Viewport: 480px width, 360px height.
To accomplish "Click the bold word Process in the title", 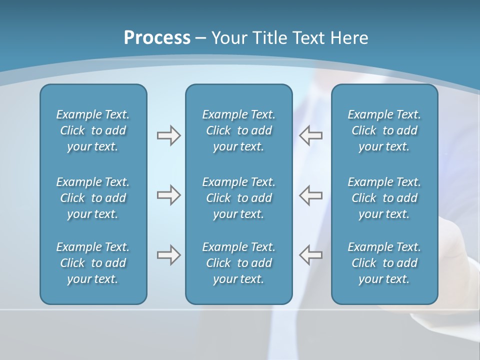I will coord(157,38).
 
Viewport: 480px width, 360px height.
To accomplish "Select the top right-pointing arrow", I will coord(168,135).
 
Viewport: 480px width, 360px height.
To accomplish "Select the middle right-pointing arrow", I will coord(168,195).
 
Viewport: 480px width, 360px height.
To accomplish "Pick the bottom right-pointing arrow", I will coord(168,255).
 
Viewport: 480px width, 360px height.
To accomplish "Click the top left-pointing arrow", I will coord(310,135).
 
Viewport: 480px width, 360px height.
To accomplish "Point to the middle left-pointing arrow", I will coord(310,195).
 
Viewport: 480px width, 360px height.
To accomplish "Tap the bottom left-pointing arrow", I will coord(310,255).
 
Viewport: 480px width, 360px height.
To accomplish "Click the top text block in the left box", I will coord(93,130).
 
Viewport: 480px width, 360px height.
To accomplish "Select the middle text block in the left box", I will coord(93,198).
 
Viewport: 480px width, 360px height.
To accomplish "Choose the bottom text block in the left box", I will coord(93,263).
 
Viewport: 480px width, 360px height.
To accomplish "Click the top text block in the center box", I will coord(238,130).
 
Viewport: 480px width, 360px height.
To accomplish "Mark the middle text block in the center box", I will coord(238,198).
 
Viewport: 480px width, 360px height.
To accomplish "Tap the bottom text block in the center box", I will coord(238,263).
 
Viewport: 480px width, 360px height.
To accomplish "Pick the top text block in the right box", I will coord(384,130).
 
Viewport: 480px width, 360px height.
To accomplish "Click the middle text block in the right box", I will coord(384,198).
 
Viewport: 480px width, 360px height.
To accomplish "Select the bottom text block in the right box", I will coord(384,263).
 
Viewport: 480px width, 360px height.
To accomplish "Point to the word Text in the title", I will coord(308,38).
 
